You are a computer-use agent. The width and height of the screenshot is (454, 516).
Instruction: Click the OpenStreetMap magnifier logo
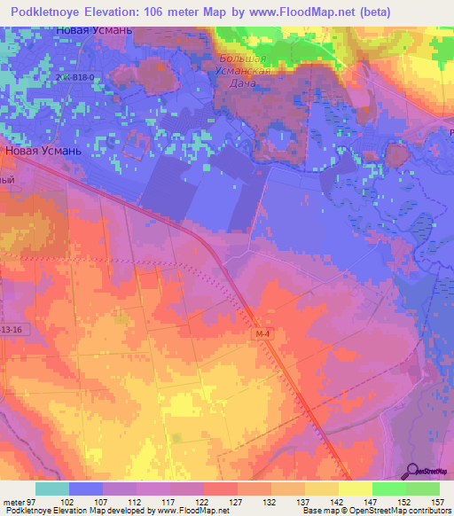click(412, 471)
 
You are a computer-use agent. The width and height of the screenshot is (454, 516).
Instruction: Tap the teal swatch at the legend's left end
click(51, 489)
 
